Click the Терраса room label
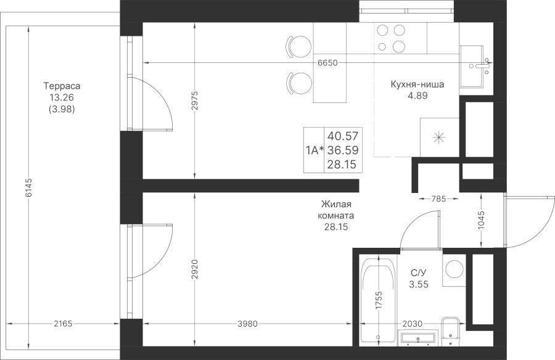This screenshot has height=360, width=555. click(62, 86)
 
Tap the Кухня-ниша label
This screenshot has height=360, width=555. click(417, 84)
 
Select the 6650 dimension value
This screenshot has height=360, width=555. click(327, 63)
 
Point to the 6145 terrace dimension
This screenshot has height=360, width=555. click(28, 187)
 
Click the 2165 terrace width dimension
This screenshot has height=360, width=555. click(63, 324)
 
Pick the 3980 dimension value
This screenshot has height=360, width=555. click(248, 324)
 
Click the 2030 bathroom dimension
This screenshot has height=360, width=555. click(413, 324)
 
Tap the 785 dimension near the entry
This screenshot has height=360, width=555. click(438, 199)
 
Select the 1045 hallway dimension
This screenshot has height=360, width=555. click(481, 220)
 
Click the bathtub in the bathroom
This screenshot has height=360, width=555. click(378, 300)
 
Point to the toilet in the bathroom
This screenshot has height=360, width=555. click(450, 331)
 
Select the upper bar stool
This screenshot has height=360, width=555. click(299, 46)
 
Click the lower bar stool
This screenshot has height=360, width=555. click(299, 83)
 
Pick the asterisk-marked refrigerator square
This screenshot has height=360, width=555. click(439, 137)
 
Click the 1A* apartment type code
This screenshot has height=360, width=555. click(314, 150)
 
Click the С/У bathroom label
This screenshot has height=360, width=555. click(419, 273)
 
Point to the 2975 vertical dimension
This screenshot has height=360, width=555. click(195, 102)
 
